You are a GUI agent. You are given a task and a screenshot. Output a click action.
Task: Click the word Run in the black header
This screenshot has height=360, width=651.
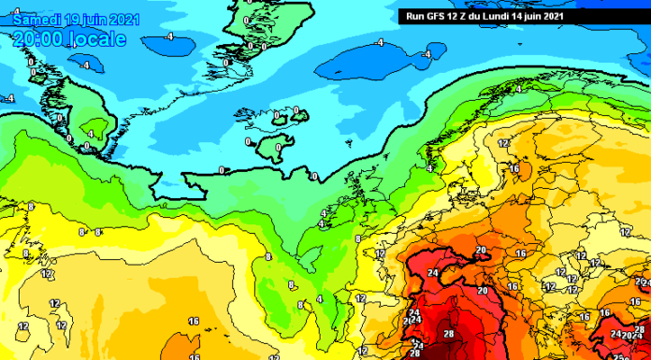[x=412, y=16]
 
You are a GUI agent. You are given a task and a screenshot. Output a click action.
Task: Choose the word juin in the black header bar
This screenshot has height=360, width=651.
[x=544, y=16]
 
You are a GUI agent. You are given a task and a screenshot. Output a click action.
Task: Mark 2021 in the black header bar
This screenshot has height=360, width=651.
[x=571, y=16]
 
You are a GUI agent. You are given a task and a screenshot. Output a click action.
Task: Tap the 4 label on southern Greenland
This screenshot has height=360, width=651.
[x=90, y=134]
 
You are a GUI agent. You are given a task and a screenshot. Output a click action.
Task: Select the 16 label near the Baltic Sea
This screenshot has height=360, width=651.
[x=514, y=168]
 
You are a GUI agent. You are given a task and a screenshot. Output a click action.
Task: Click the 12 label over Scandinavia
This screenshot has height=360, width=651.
[x=503, y=143]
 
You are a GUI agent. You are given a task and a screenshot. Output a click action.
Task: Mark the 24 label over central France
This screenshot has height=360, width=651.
[x=432, y=273]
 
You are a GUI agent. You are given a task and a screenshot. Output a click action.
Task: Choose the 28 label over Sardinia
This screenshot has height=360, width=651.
[x=449, y=334]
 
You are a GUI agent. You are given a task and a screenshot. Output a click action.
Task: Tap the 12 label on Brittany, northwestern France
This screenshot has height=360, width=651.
[x=380, y=253]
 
